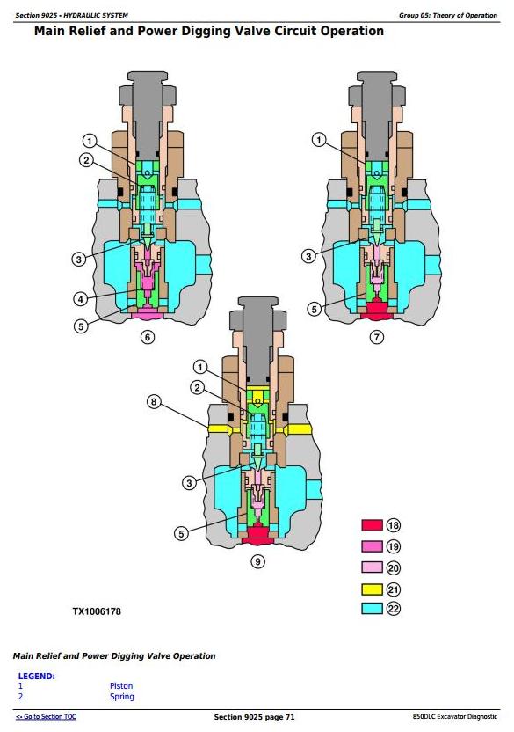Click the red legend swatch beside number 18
pyautogui.click(x=372, y=525)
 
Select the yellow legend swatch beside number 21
pyautogui.click(x=372, y=589)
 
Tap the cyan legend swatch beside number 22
pyautogui.click(x=372, y=608)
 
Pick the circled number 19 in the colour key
pyautogui.click(x=394, y=546)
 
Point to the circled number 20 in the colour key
pyautogui.click(x=394, y=568)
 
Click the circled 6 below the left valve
pyautogui.click(x=148, y=337)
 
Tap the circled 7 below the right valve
pyautogui.click(x=376, y=337)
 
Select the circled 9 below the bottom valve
pyautogui.click(x=257, y=561)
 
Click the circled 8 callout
pyautogui.click(x=154, y=401)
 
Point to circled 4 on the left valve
pyautogui.click(x=81, y=299)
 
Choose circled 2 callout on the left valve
pyautogui.click(x=86, y=161)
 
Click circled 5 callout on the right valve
pyautogui.click(x=314, y=309)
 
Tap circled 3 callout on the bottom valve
pyautogui.click(x=189, y=483)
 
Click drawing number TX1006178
pyautogui.click(x=97, y=611)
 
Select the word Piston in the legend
pyautogui.click(x=121, y=685)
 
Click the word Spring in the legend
pyautogui.click(x=122, y=697)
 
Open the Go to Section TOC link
pyautogui.click(x=46, y=716)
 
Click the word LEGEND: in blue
pyautogui.click(x=36, y=676)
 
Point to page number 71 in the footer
pyautogui.click(x=290, y=717)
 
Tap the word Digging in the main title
pyautogui.click(x=210, y=32)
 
